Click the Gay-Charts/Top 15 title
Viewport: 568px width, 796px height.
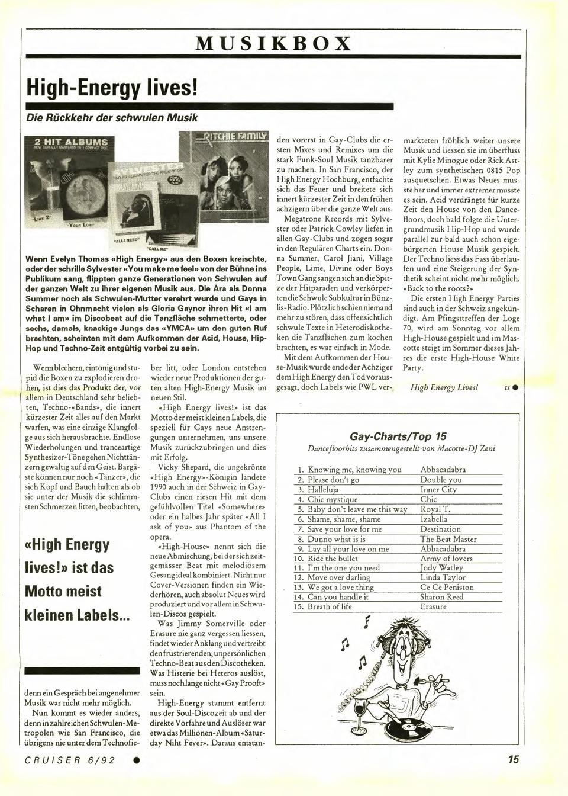pos(398,436)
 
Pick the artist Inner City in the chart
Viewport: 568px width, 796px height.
pos(438,490)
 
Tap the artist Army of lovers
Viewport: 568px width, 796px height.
pos(446,559)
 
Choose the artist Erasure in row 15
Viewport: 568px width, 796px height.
pos(433,606)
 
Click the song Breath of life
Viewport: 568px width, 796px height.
pos(330,606)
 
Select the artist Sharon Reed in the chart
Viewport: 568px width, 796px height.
pos(441,597)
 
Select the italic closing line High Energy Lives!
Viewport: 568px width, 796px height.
pos(444,387)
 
